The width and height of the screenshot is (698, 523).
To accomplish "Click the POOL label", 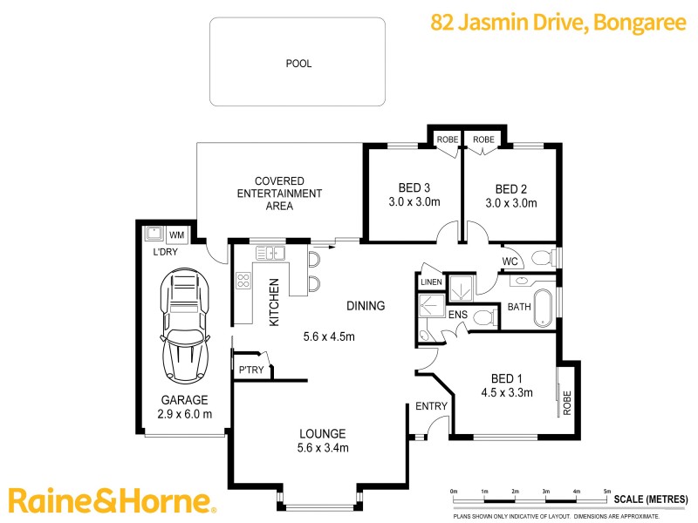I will coord(298,64).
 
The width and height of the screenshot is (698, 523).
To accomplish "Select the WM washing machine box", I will coord(177,235).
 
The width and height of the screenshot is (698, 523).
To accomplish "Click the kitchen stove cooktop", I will coord(244,282).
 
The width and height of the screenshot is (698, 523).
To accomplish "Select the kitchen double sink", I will coord(271,254).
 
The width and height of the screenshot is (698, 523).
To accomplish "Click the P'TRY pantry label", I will coord(250,370).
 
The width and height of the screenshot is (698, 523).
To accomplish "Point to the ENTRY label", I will coord(430,406).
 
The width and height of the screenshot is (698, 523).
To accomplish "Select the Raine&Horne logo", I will coord(111,500).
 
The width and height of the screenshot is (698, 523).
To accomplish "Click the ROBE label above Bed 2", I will coord(483,139).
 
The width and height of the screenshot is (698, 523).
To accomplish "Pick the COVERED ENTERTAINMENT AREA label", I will coord(280,194).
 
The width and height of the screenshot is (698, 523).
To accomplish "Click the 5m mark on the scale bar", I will coord(607,493).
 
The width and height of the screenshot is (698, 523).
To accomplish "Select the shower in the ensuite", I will coord(431,307).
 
